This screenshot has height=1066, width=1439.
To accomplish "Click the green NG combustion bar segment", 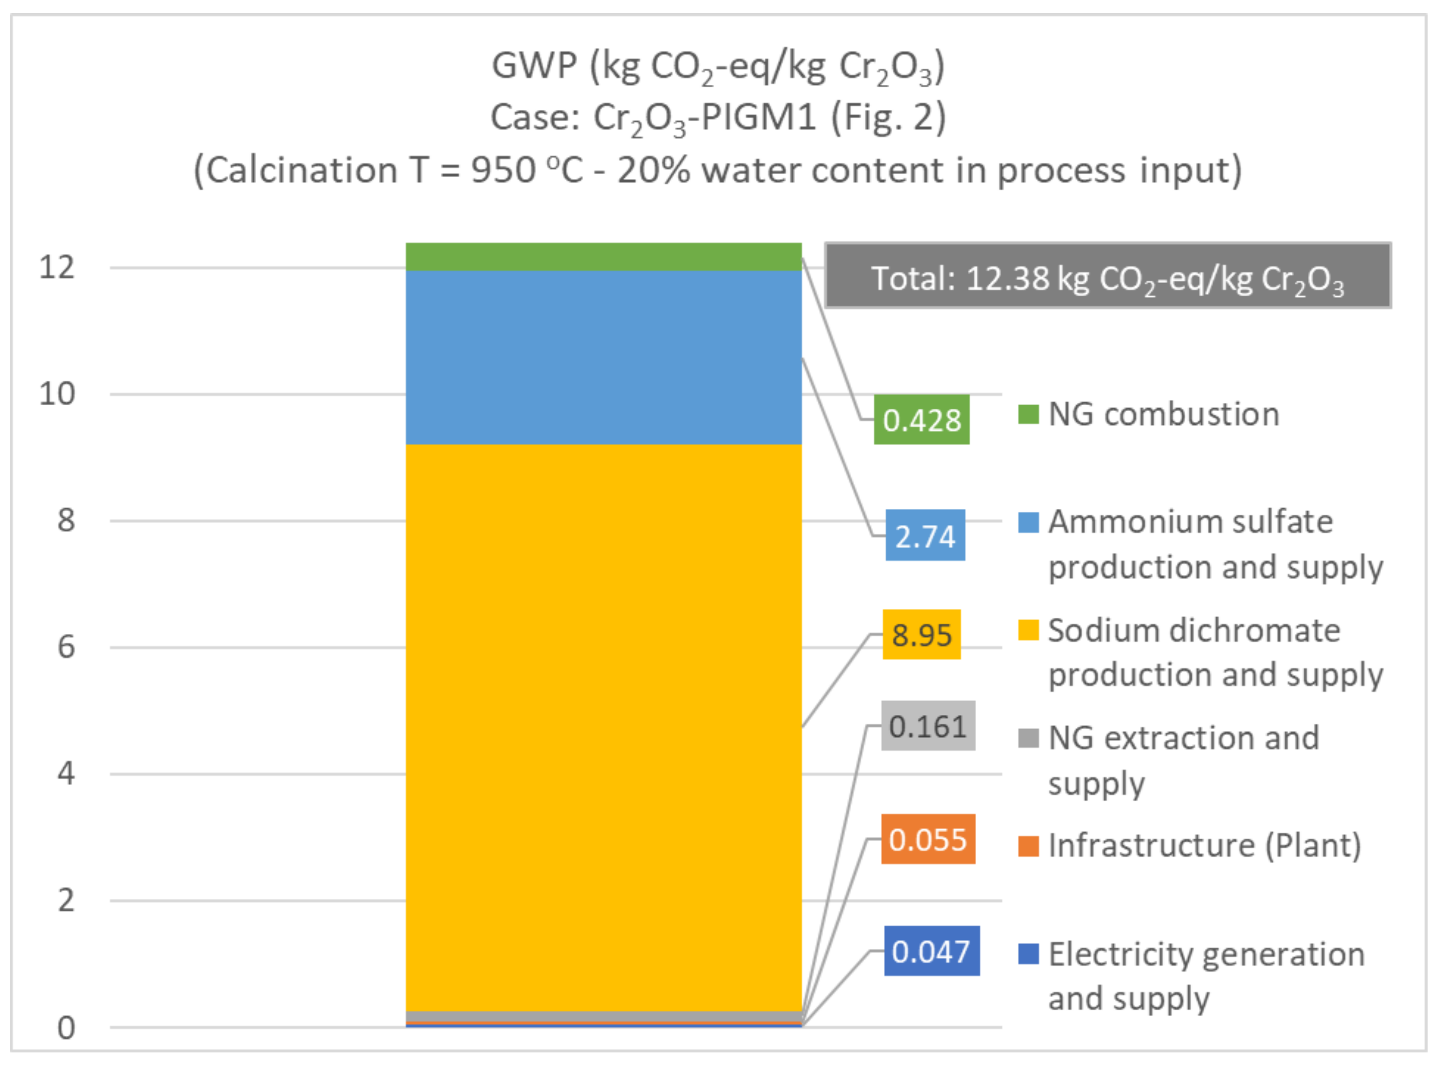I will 603,257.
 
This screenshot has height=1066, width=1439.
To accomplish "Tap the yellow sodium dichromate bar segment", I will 603,726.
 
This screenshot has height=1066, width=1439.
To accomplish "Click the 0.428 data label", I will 921,419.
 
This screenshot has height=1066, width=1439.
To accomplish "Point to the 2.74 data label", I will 925,536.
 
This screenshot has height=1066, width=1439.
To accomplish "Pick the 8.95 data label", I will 921,634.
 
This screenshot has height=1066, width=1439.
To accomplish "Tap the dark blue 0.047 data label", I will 931,951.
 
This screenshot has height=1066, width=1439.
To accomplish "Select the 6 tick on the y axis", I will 66,647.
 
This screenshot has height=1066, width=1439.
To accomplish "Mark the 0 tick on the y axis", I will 66,1027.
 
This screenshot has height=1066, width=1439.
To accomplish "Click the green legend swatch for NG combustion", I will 1028,414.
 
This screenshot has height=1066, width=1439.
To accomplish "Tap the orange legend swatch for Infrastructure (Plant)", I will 1028,845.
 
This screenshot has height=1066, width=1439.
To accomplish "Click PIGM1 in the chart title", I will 757,117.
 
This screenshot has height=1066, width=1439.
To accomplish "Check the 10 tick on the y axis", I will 57,394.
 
